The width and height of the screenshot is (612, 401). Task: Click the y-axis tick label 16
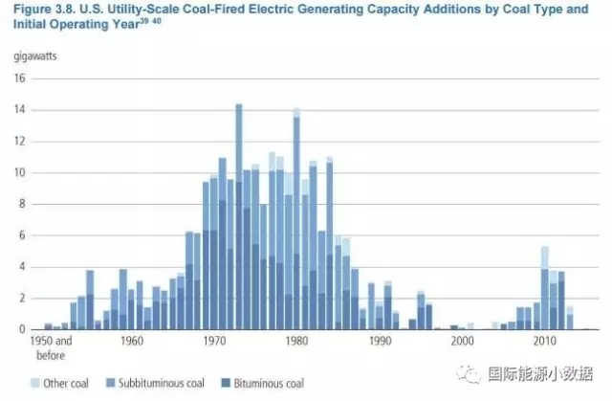point(19,78)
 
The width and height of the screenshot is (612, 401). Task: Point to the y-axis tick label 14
point(19,110)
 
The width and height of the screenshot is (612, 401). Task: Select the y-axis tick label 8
point(22,204)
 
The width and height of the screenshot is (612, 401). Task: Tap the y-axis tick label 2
point(22,298)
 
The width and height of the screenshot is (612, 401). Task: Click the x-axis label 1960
point(133,341)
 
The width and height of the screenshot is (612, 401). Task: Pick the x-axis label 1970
point(215,341)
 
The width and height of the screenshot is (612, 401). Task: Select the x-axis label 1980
point(297,341)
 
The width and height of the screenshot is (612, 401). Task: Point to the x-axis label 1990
point(380,341)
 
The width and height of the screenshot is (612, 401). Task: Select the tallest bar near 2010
point(544,287)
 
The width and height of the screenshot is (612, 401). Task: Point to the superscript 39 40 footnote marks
point(162,23)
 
